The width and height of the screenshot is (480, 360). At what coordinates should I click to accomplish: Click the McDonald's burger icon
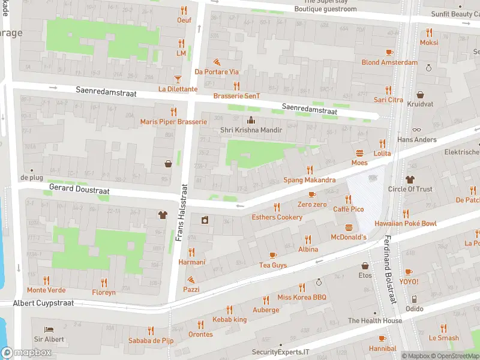[349, 227]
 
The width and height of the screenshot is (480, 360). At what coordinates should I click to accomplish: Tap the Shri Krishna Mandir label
[251, 130]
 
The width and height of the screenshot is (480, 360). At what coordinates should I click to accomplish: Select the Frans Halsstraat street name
[179, 212]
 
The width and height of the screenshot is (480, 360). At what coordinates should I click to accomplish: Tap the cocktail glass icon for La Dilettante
[178, 79]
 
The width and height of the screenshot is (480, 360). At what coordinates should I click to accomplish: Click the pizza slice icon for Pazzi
[191, 280]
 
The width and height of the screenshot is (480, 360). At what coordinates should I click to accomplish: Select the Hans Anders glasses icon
[417, 130]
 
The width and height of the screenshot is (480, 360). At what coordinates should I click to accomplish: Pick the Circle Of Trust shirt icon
[410, 179]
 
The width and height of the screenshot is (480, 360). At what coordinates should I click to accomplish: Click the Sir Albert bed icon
[49, 329]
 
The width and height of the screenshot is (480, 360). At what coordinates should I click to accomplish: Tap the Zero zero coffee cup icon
[312, 194]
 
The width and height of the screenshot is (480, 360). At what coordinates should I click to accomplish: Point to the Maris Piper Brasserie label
[173, 122]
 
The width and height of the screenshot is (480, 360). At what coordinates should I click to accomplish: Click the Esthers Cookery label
[277, 217]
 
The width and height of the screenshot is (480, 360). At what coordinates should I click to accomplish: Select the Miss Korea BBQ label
[302, 298]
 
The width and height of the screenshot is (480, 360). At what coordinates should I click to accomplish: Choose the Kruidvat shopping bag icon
[420, 95]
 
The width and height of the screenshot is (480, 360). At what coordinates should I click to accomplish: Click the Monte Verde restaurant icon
[46, 280]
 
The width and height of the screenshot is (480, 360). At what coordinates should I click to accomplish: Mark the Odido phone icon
[413, 299]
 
